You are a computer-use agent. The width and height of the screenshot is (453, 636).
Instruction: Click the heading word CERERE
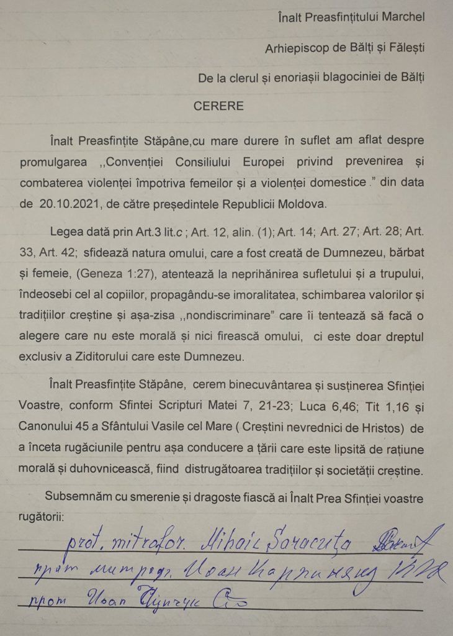coord(218,106)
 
